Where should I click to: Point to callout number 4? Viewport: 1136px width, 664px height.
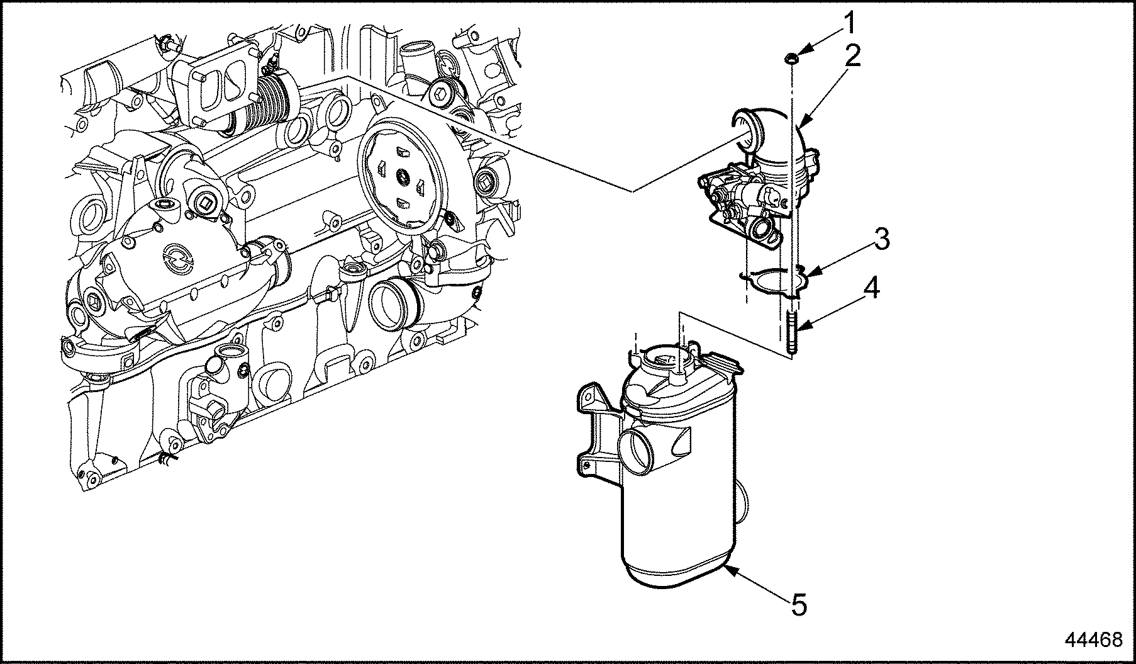[871, 288]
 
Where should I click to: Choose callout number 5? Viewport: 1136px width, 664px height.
[798, 605]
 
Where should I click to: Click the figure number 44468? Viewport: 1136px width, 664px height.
[1093, 640]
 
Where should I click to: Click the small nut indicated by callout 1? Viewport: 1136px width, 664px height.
[790, 59]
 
